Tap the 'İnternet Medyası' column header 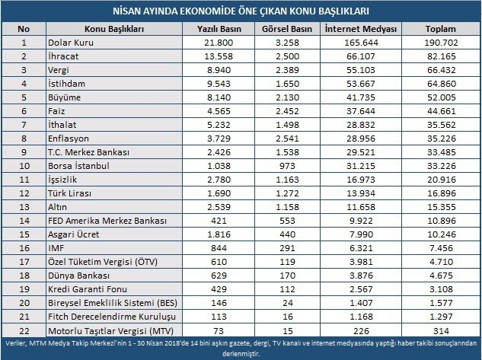coord(361,29)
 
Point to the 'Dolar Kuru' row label coord(69,43)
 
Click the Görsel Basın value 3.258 coord(288,43)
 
